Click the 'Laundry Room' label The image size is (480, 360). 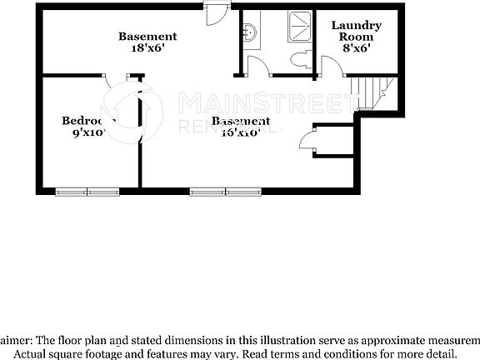pos(356,31)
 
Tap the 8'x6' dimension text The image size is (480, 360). pos(356,48)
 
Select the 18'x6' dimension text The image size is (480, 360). pos(147,48)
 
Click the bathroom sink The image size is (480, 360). pos(249,33)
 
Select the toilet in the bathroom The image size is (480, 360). pos(301,59)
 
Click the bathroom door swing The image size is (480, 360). pos(259,67)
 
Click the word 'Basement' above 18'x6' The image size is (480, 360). pos(147,37)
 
